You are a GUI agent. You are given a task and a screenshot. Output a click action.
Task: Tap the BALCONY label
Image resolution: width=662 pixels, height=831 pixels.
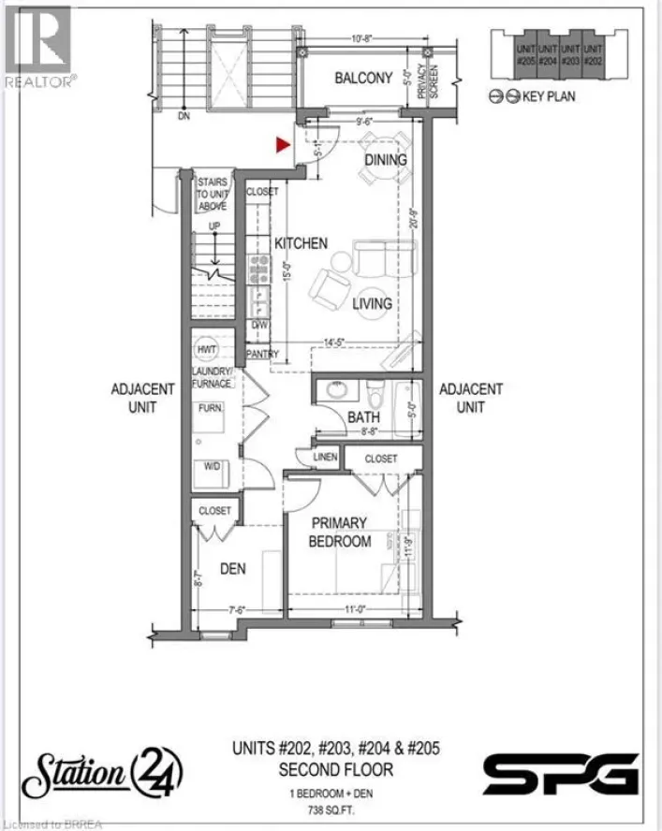363,79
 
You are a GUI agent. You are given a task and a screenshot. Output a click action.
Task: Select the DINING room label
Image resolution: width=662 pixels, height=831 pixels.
386,160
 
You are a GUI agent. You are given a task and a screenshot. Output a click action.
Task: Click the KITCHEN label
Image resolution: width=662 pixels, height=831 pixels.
301,243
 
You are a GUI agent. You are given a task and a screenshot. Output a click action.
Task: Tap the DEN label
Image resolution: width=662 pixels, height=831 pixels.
233,568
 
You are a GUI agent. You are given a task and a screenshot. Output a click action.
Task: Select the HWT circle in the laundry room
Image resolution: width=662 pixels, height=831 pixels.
207,349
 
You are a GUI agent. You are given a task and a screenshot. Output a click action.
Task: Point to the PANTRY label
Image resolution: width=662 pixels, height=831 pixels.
263,355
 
